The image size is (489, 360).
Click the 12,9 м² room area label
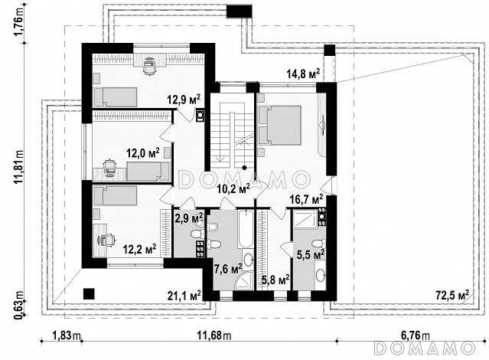click(184, 100)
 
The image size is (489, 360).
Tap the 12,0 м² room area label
click(143, 153)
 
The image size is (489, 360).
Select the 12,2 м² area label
click(139, 249)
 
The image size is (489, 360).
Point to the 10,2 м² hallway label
click(233, 188)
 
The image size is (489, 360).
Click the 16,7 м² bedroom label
click(306, 199)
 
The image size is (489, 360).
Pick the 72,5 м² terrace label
click(452, 295)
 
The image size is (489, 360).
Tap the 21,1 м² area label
click(184, 295)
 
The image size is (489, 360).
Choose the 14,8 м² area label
click(303, 74)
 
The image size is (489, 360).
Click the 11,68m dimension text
click(214, 336)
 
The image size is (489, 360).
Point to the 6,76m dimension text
click(415, 336)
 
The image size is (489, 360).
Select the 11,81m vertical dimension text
click(19, 167)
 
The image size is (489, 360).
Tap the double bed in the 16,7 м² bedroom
click(280, 125)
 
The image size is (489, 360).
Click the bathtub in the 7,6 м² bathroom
click(245, 230)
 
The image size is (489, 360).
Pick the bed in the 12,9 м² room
click(116, 97)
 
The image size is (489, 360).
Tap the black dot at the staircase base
click(245, 168)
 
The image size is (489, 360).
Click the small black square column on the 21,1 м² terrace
click(89, 293)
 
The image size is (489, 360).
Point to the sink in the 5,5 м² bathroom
click(321, 275)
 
